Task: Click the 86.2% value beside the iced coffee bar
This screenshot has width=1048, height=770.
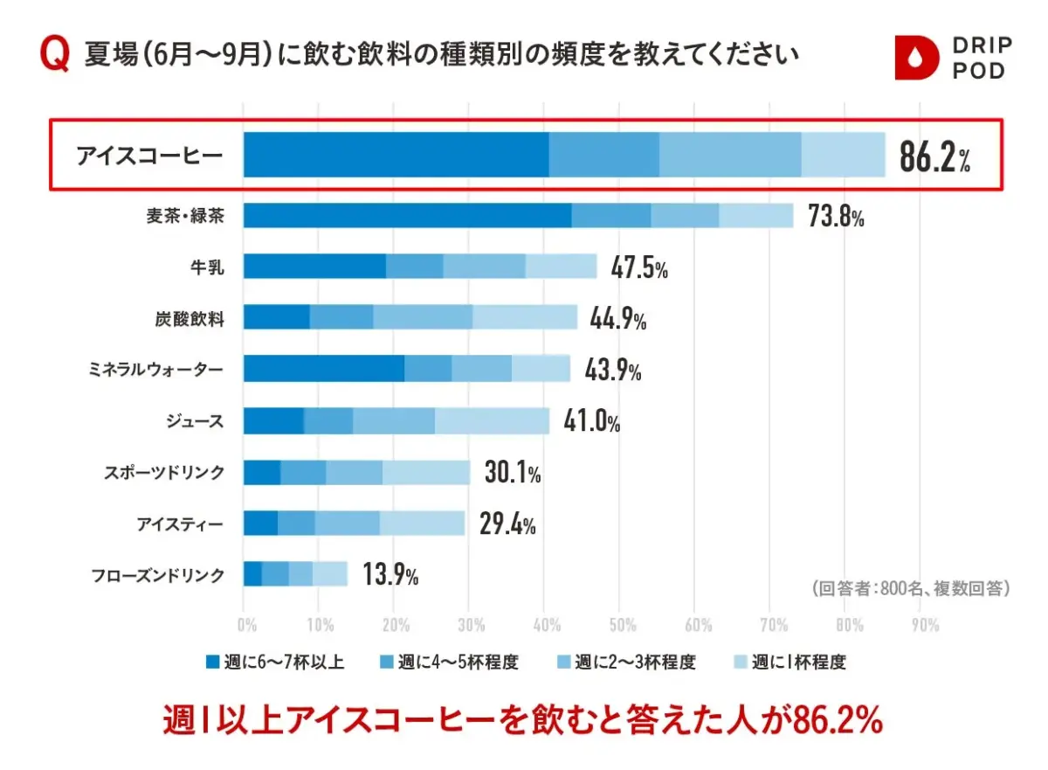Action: pyautogui.click(x=934, y=156)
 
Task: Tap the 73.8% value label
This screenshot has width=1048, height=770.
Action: pyautogui.click(x=836, y=217)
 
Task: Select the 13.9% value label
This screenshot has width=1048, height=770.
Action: pyautogui.click(x=390, y=574)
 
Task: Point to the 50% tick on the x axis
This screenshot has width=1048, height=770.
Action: pyautogui.click(x=622, y=625)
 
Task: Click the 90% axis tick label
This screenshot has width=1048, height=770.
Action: pyautogui.click(x=925, y=625)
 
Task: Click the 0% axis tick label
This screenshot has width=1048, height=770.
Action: pyautogui.click(x=246, y=625)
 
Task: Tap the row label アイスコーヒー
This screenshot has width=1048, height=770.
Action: pyautogui.click(x=149, y=156)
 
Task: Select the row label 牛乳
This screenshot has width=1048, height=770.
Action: pyautogui.click(x=207, y=267)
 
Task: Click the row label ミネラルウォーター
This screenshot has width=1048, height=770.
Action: pyautogui.click(x=155, y=370)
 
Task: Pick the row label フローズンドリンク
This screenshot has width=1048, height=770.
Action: pyautogui.click(x=158, y=575)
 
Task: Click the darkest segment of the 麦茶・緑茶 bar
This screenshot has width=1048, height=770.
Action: pyautogui.click(x=407, y=216)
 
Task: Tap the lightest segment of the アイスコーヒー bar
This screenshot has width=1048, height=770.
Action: pyautogui.click(x=843, y=155)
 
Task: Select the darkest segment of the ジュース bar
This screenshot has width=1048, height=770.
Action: pyautogui.click(x=273, y=420)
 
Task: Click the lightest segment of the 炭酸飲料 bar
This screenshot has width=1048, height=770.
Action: pyautogui.click(x=525, y=317)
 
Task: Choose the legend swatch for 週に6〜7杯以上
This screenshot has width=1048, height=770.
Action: pyautogui.click(x=213, y=662)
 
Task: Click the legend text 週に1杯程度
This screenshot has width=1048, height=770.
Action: pyautogui.click(x=799, y=662)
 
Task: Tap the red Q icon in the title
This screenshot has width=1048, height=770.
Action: pyautogui.click(x=55, y=54)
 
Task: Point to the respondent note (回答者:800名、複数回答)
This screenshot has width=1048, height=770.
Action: pyautogui.click(x=911, y=588)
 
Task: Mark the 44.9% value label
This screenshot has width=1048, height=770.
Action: pyautogui.click(x=618, y=318)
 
